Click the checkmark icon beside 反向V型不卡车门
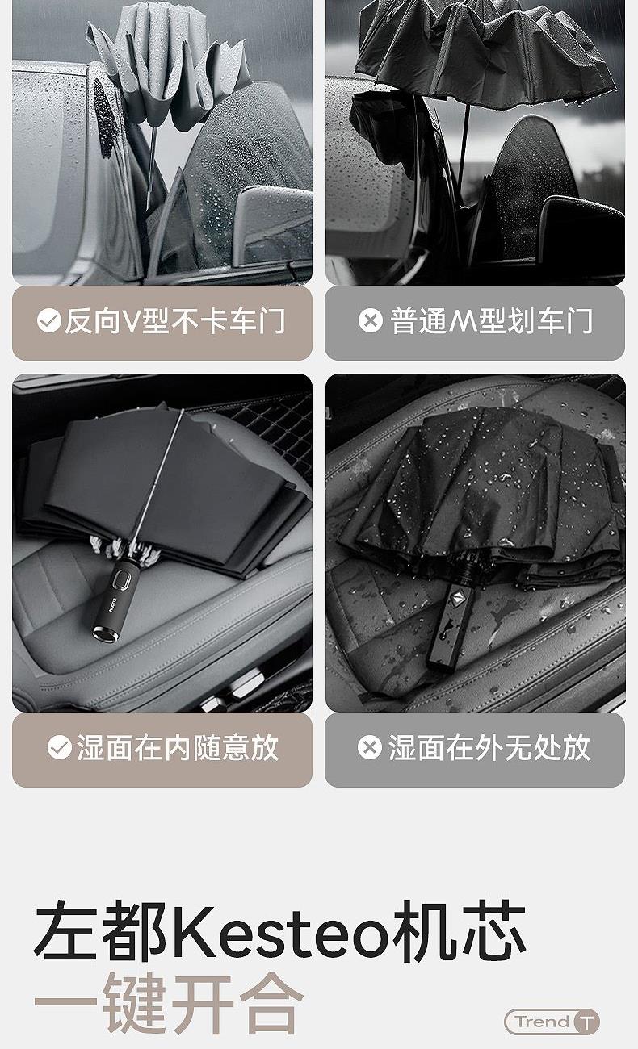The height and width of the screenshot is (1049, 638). (49, 321)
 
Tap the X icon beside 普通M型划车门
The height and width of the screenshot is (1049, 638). (371, 321)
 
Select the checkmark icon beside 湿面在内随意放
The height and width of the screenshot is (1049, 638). (60, 747)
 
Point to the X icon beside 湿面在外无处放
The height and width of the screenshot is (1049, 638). (370, 747)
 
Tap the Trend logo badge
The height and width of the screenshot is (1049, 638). (552, 1022)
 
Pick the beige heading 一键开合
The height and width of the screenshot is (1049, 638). (169, 1003)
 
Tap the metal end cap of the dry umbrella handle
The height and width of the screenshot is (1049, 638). (104, 633)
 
